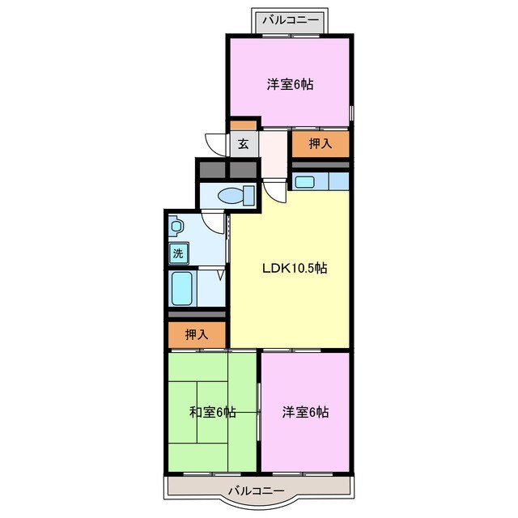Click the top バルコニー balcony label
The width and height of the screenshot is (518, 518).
(x=291, y=20)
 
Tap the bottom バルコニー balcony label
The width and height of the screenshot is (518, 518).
(x=257, y=490)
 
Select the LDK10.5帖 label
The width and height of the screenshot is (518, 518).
(x=295, y=268)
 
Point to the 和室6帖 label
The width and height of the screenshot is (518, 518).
(x=212, y=412)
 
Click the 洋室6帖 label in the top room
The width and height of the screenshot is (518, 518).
(x=290, y=84)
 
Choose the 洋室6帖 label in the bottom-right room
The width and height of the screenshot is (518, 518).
(x=305, y=412)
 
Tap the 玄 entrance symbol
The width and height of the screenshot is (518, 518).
(x=244, y=144)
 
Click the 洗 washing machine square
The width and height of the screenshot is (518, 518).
(x=178, y=253)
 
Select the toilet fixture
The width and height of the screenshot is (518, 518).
(x=236, y=196)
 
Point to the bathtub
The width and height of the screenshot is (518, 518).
(x=182, y=289)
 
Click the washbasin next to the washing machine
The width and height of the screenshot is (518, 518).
(x=176, y=227)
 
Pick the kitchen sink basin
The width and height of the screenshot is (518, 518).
(x=305, y=182)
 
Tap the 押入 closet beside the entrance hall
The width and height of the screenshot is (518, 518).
(x=321, y=144)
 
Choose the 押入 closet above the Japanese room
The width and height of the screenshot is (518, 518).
(x=197, y=334)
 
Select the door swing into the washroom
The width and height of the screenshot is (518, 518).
(x=212, y=223)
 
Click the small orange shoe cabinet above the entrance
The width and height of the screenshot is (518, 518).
(x=243, y=125)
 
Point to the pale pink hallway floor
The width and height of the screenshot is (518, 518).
(x=274, y=155)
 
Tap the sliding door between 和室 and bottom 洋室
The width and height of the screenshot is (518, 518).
(x=259, y=411)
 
